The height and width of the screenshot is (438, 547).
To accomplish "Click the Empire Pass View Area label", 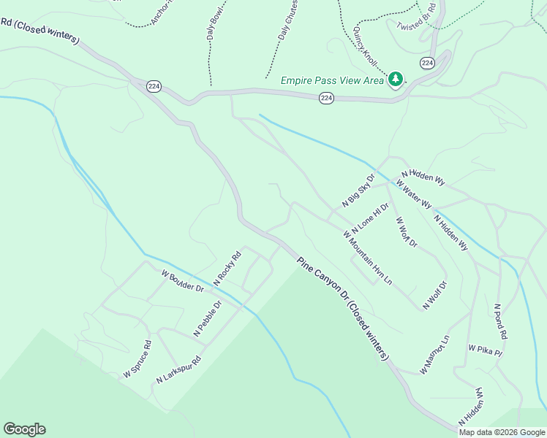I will click(x=332, y=80).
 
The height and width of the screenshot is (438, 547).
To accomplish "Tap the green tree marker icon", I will click(x=396, y=78).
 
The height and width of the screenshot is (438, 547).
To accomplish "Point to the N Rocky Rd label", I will click(x=227, y=269).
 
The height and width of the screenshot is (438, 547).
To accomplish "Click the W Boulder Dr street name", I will click(x=182, y=281).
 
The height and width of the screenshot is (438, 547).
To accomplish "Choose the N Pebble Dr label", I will click(x=207, y=319).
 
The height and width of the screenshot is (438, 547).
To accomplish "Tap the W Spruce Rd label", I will click(x=137, y=359).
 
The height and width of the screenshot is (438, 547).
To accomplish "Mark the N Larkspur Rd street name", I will click(x=178, y=371).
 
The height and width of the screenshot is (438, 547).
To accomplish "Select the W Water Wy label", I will click(x=415, y=193).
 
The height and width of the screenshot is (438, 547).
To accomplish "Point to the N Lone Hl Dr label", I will click(x=370, y=218).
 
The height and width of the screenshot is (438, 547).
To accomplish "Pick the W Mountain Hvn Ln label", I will click(x=368, y=258).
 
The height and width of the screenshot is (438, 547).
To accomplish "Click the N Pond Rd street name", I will click(x=500, y=322).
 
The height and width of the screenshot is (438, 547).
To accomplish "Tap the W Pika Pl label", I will click(x=486, y=350).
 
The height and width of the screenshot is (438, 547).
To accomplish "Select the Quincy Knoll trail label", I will click(x=363, y=44).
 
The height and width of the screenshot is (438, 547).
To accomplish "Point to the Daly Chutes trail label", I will click(x=286, y=20).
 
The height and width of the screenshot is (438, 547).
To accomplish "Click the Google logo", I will click(x=24, y=429).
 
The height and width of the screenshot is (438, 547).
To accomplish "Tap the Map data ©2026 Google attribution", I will click(x=501, y=432).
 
